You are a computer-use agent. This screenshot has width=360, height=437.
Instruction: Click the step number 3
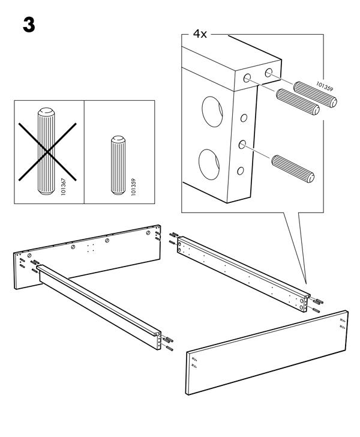coord(29,25)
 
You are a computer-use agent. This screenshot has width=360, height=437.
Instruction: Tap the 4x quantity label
coord(200,34)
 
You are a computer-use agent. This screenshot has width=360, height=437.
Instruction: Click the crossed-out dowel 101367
coord(46,151)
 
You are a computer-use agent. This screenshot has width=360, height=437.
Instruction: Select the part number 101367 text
coord(63,187)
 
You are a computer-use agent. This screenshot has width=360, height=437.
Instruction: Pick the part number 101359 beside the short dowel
coord(133,187)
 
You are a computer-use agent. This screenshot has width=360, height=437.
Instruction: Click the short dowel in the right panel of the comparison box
coord(118,165)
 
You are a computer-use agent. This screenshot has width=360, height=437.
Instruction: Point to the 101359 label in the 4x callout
coord(325,86)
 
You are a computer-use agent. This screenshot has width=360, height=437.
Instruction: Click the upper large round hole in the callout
coord(212,112)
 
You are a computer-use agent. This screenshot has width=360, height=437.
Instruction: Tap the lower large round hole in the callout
coord(209,164)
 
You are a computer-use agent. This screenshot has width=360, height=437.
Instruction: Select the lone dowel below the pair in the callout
coord(293,169)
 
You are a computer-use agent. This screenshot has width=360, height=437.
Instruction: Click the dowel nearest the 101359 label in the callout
coord(315,94)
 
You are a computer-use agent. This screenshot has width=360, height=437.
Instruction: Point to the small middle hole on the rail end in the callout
coord(242,144)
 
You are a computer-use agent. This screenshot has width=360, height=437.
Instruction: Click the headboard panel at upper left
coord(87,256)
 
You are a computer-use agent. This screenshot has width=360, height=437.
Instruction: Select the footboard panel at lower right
coord(267,352)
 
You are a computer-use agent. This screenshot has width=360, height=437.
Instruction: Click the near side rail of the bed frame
coord(98,307)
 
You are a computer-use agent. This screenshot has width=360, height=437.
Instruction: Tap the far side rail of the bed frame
coord(244,274)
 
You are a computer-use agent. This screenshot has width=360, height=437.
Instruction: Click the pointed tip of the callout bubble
coord(305,283)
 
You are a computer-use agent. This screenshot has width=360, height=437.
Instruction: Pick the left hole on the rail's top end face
coord(247,78)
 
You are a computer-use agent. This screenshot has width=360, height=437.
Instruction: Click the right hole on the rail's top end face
coord(269,73)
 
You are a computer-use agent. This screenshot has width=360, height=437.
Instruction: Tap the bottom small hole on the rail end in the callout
coord(241,171)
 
